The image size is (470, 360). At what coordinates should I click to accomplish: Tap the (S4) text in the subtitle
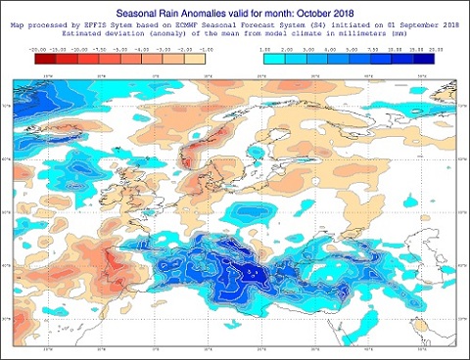click(306, 24)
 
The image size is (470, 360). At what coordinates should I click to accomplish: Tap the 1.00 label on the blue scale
click(265, 46)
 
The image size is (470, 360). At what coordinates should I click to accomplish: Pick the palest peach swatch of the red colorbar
click(205, 57)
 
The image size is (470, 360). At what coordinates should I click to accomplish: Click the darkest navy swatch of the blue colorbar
click(423, 57)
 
